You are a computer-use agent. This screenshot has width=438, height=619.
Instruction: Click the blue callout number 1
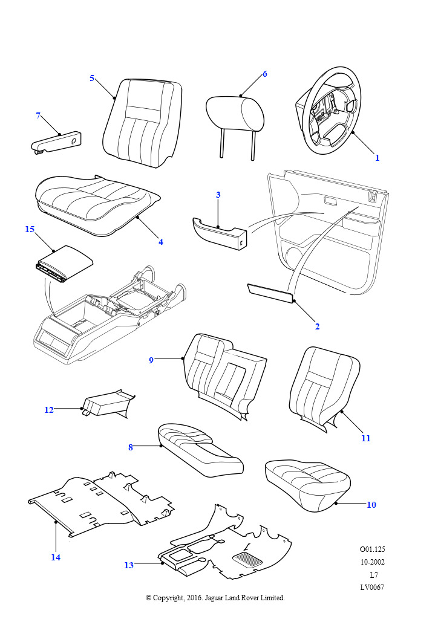pos(377,158)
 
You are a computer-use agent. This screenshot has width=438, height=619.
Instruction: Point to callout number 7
pos(38,115)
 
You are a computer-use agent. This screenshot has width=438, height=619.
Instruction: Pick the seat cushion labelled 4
pos(97,203)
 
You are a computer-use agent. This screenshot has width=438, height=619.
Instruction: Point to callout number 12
pos(49,410)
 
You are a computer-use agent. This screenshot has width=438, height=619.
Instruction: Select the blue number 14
pos(56,557)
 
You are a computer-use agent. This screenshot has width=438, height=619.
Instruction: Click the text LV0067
pos(372,587)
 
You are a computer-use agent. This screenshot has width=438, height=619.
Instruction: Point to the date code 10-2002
pos(372,562)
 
